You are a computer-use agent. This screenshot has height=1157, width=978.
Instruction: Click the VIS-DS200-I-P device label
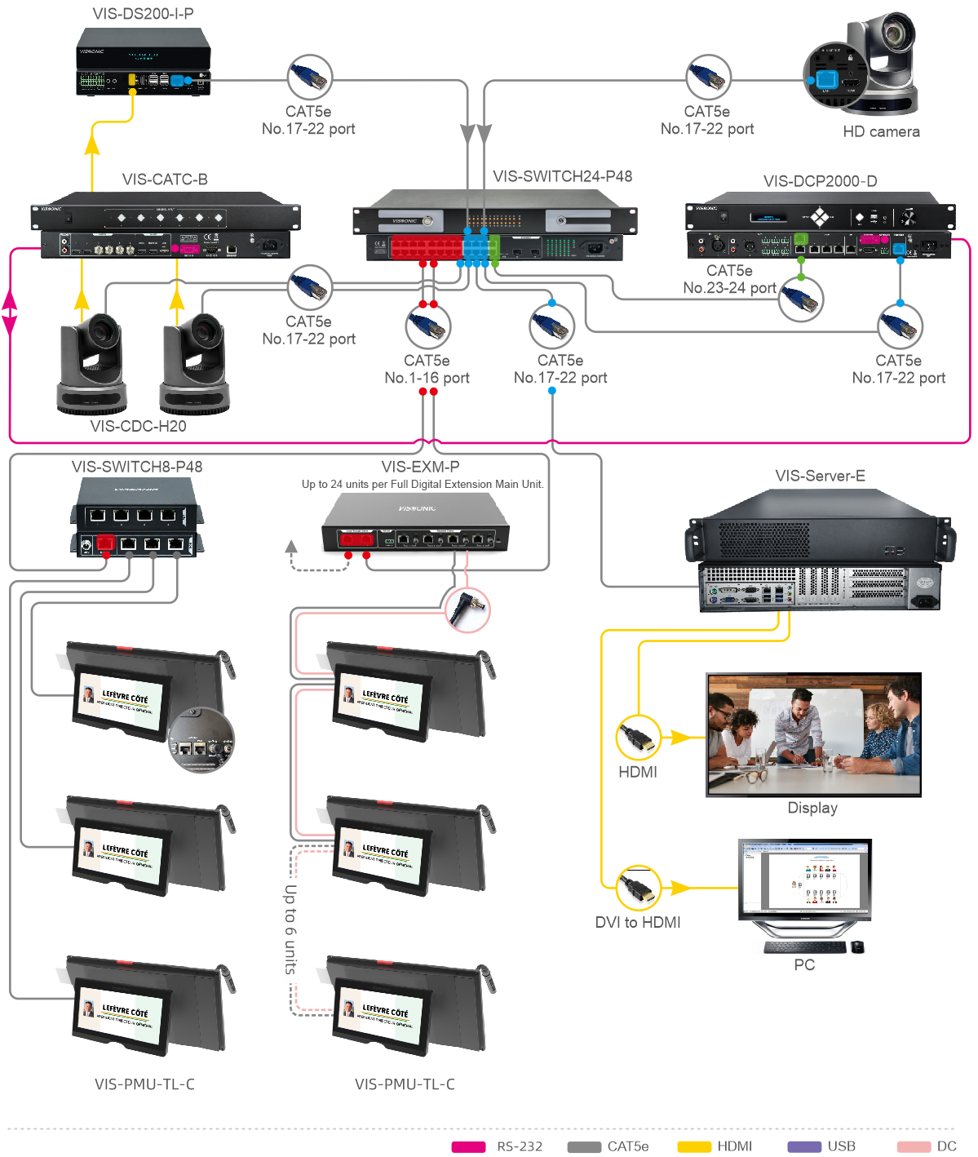[143, 14]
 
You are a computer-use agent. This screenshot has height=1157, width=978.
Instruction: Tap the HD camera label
[881, 131]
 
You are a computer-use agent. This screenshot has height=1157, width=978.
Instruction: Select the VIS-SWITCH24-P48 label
[562, 176]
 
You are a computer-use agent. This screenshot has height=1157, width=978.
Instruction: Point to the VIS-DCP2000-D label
[820, 181]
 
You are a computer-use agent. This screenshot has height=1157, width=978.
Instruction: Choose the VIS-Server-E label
[820, 476]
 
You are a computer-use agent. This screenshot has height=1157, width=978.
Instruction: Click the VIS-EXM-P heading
[420, 467]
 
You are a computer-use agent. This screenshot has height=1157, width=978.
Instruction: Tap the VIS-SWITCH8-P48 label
[137, 467]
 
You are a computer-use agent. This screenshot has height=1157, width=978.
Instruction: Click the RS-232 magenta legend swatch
[468, 1146]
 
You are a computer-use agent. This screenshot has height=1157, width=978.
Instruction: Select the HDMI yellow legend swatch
[694, 1146]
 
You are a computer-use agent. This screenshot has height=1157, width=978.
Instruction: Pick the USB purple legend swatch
[803, 1146]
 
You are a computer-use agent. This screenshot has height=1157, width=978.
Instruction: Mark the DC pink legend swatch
[914, 1146]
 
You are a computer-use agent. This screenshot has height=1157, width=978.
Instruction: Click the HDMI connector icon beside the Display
[638, 737]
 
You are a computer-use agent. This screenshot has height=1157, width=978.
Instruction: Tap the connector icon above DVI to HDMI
[638, 888]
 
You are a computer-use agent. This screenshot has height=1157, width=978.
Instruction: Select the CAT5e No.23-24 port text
[729, 279]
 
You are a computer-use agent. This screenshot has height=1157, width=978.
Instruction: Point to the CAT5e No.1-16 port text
[427, 369]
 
